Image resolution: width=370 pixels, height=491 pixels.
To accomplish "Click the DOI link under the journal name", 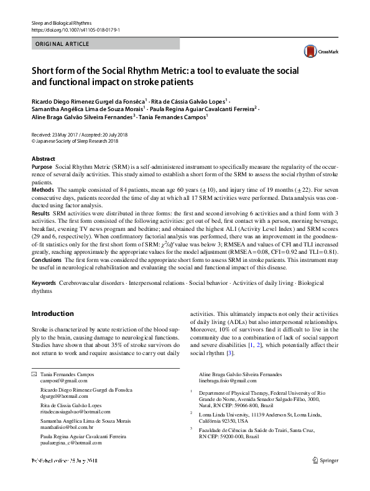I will pos(75,29).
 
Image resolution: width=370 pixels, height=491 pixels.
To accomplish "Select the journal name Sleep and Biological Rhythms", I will pos(60,22).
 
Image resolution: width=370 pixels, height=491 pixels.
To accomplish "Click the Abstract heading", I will pos(43,159).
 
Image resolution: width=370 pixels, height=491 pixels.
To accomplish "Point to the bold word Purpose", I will pos(42,168).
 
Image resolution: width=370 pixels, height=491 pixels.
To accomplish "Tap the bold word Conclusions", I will pos(47,259).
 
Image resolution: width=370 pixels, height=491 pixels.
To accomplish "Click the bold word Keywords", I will pos(44,283).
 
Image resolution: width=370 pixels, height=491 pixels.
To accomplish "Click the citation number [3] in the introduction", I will pos(231,353).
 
